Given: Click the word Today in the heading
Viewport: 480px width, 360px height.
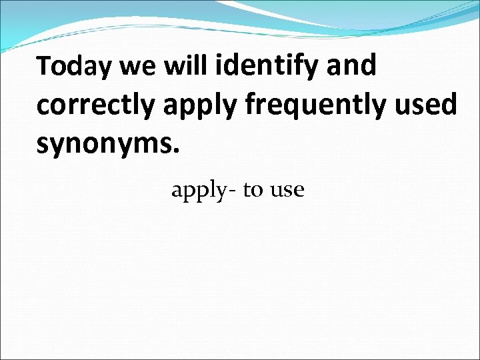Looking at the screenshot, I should tap(75, 67).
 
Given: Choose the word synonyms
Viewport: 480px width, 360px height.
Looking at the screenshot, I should tap(107, 145).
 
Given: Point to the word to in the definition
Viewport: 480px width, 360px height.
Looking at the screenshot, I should tap(253, 191).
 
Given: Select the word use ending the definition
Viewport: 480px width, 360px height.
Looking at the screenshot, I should tap(287, 191).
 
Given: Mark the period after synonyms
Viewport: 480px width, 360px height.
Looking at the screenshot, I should tap(176, 151).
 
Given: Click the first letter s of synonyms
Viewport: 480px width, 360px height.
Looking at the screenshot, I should tap(43, 145).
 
